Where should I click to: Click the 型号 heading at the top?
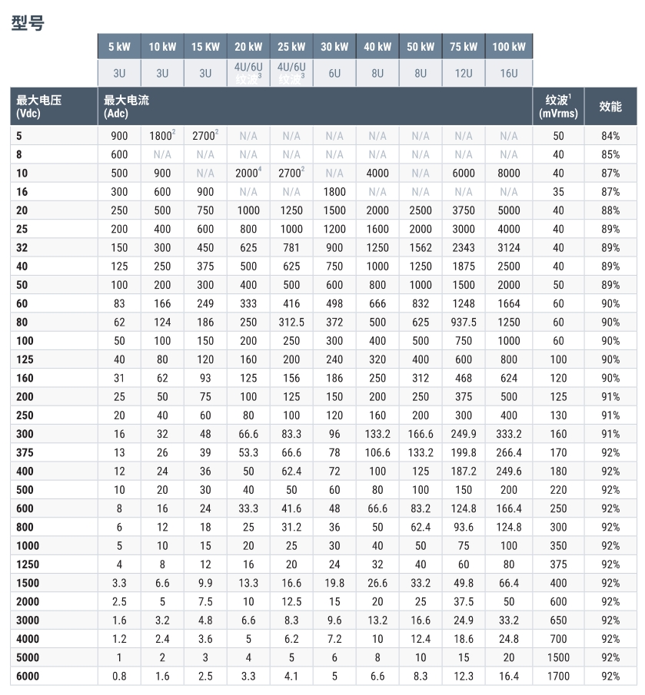click(28, 23)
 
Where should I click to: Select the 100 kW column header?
click(509, 47)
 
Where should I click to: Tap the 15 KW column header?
click(205, 47)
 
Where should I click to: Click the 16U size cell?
click(509, 74)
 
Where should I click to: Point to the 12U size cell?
click(464, 74)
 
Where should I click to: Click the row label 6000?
click(28, 676)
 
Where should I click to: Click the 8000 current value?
click(509, 174)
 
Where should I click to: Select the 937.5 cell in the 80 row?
click(464, 321)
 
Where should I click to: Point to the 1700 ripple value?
click(558, 676)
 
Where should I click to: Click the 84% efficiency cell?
click(610, 137)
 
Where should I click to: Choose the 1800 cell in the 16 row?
click(334, 192)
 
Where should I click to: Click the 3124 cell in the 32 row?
click(509, 247)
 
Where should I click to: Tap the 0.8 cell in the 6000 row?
click(119, 676)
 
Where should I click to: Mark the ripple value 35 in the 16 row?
click(558, 192)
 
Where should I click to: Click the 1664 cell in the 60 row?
click(509, 303)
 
